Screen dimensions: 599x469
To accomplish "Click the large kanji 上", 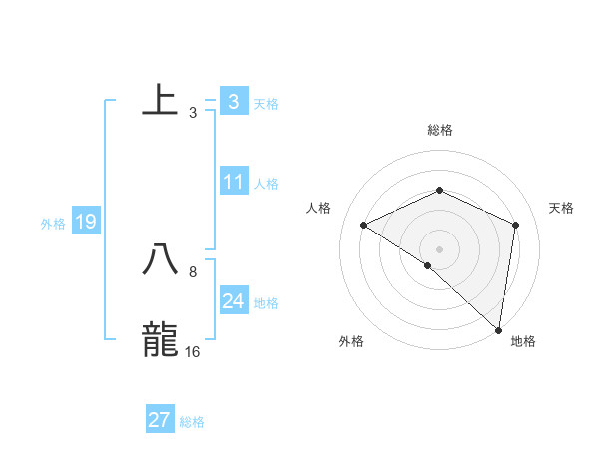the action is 161,102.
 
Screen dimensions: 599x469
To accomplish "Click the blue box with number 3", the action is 233,102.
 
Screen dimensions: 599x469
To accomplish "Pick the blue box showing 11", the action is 234,183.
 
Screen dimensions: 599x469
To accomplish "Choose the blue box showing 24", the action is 234,301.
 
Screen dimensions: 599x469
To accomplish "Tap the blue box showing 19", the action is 86,223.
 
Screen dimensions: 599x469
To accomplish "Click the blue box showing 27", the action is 160,420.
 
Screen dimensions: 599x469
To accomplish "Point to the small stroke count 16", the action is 193,351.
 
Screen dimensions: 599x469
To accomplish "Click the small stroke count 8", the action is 193,271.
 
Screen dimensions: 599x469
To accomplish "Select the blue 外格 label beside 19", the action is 53,224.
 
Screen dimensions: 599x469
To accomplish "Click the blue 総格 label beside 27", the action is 192,422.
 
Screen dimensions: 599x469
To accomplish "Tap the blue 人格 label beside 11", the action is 266,184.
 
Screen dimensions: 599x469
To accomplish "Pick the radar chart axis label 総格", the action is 440,130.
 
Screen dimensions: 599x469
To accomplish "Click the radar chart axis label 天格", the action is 561,208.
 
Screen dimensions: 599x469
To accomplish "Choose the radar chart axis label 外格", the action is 351,341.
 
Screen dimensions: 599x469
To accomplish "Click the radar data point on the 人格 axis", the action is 364,225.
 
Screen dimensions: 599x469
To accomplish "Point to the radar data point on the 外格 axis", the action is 428,265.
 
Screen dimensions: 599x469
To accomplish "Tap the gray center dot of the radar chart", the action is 440,248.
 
